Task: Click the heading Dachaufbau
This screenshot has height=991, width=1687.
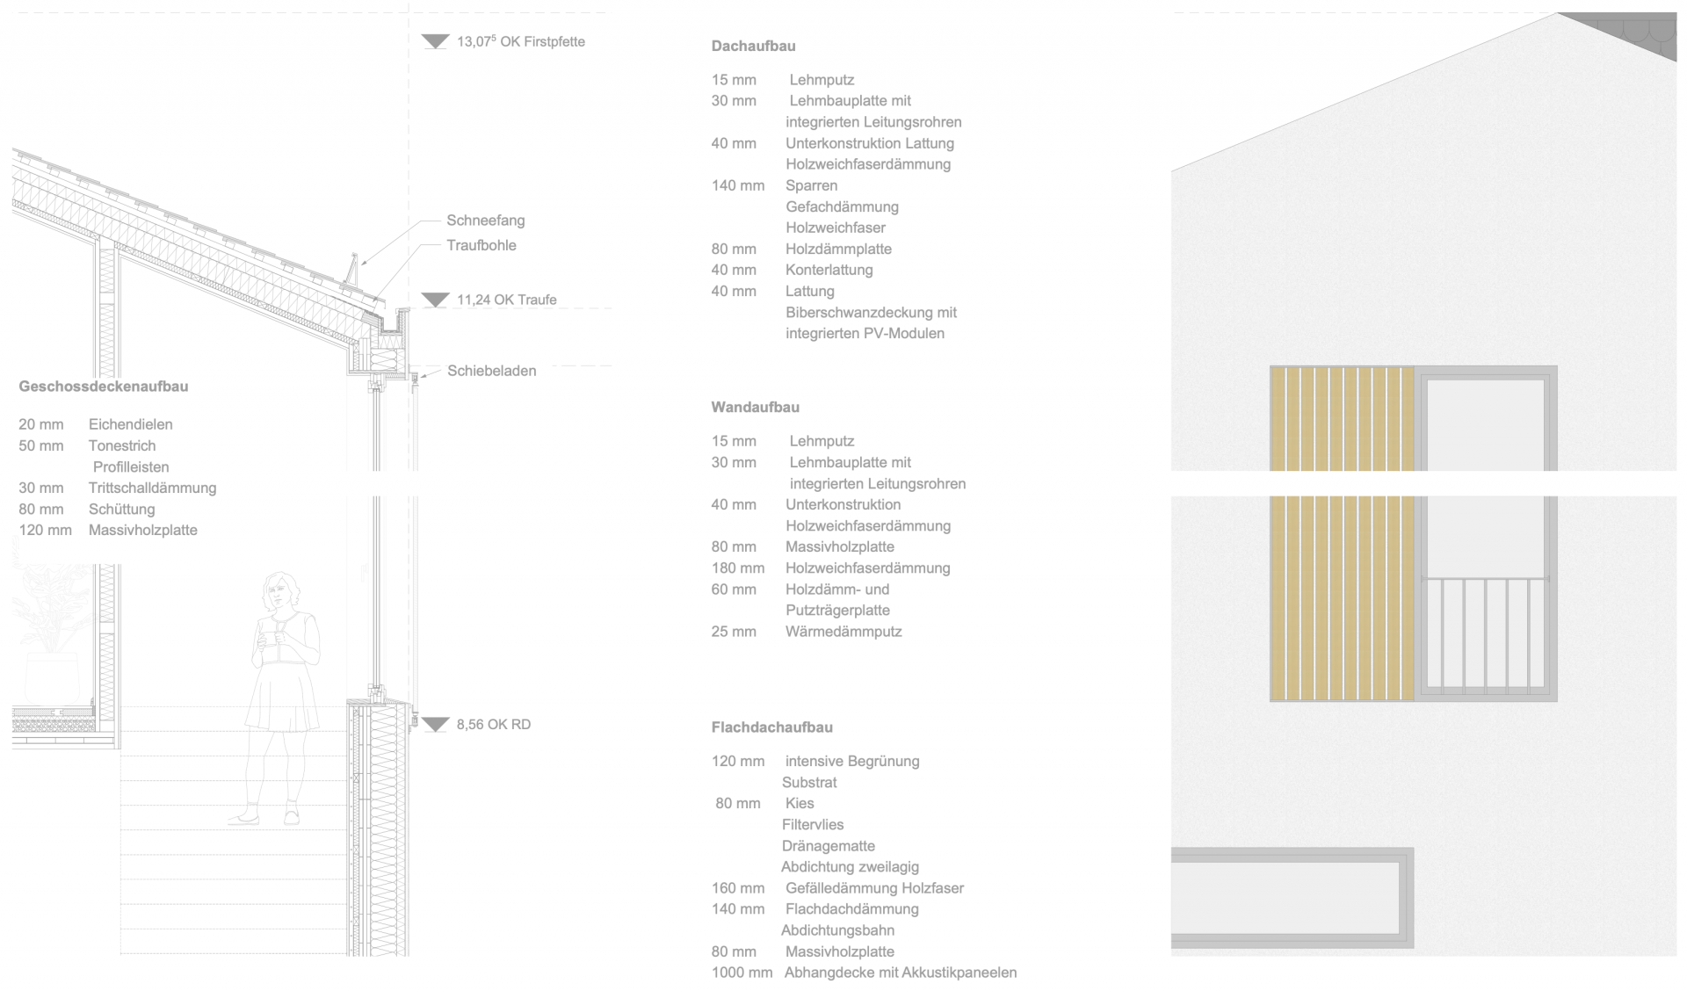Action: point(753,46)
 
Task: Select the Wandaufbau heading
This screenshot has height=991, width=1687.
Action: point(755,407)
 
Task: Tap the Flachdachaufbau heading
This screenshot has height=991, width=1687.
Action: point(771,727)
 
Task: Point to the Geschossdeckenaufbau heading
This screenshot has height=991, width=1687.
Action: point(104,387)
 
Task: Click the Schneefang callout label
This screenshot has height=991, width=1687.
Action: point(485,221)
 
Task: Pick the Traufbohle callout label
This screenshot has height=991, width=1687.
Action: point(481,245)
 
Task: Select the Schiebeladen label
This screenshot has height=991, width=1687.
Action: point(491,371)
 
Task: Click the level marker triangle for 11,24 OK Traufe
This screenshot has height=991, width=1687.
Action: point(435,300)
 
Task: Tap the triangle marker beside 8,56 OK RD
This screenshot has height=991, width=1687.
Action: point(435,725)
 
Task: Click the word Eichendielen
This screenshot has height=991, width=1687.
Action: point(130,424)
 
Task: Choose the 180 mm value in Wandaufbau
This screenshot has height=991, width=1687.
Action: point(737,568)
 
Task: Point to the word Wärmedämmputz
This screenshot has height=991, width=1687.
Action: point(843,632)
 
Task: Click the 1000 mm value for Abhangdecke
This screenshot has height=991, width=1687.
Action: point(742,973)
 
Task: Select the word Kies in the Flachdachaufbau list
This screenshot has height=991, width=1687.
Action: point(800,803)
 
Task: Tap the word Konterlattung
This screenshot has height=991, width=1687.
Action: point(829,270)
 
